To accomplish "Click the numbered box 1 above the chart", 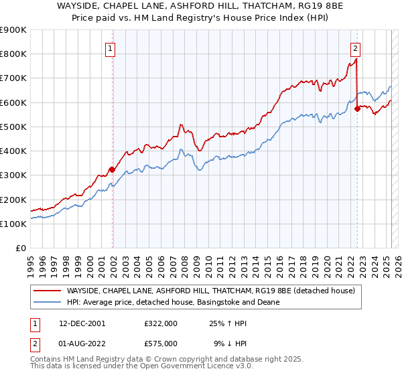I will pos(109,48).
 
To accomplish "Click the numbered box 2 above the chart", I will pos(355,48).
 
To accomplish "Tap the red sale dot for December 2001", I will pos(112,169).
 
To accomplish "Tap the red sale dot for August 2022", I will pos(357,108).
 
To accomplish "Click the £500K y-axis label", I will pos(13,127).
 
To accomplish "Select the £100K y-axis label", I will pos(13,224).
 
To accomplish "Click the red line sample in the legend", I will pos(48,290).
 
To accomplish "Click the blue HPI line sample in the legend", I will pos(48,302).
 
